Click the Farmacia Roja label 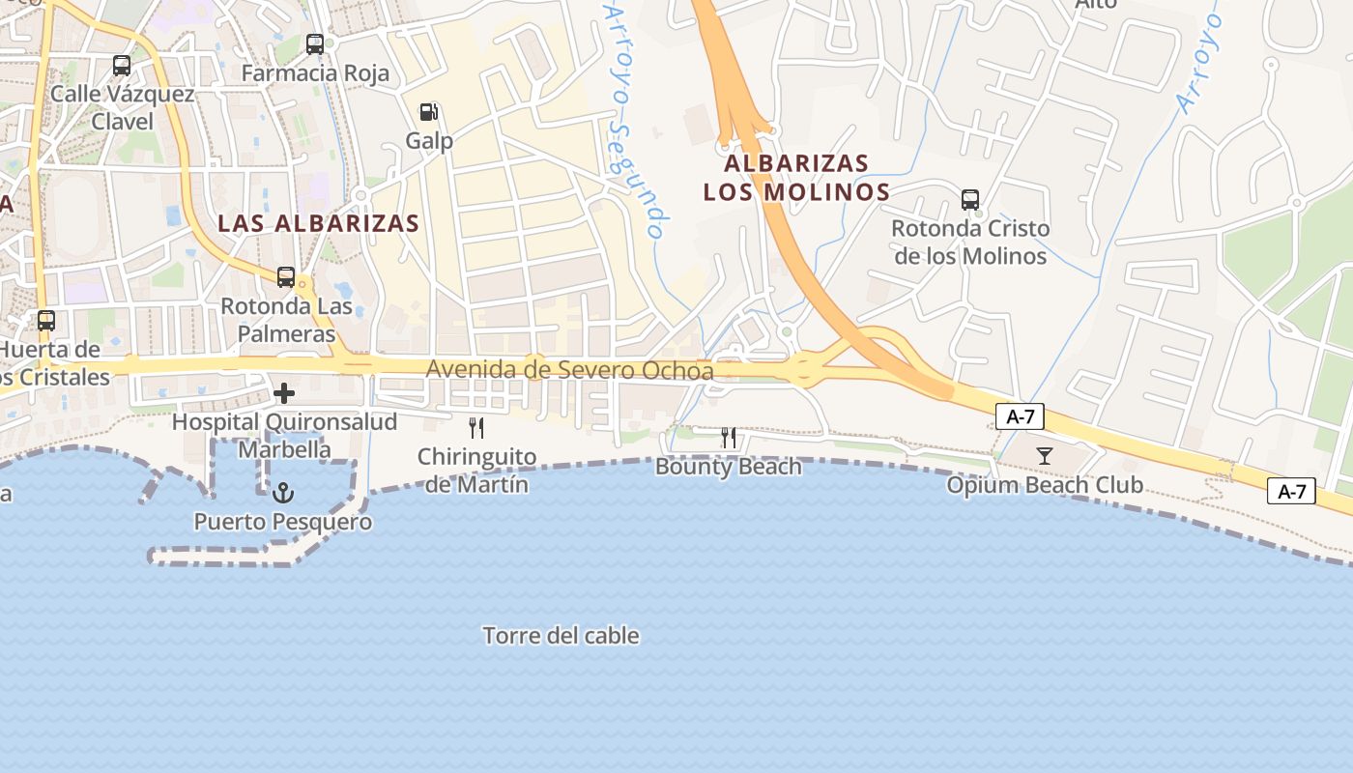tap(315, 73)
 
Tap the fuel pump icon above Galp tap(429, 112)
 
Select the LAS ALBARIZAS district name tap(319, 223)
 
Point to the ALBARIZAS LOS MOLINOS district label tap(796, 177)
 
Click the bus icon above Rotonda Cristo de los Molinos tap(970, 200)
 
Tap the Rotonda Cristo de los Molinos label tap(970, 243)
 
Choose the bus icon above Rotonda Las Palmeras tap(286, 277)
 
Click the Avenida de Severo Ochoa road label tap(569, 370)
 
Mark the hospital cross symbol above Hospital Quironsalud tap(284, 393)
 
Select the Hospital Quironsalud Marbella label tap(284, 436)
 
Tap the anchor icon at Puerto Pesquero tap(282, 494)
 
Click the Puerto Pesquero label tap(282, 523)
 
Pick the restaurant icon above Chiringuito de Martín tap(476, 428)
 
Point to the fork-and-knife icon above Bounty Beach tap(729, 438)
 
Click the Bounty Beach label tap(729, 467)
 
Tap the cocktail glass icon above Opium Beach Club tap(1045, 456)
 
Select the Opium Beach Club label tap(1045, 485)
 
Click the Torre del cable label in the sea tap(561, 636)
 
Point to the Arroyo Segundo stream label tap(633, 121)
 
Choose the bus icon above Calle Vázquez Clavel tap(122, 66)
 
